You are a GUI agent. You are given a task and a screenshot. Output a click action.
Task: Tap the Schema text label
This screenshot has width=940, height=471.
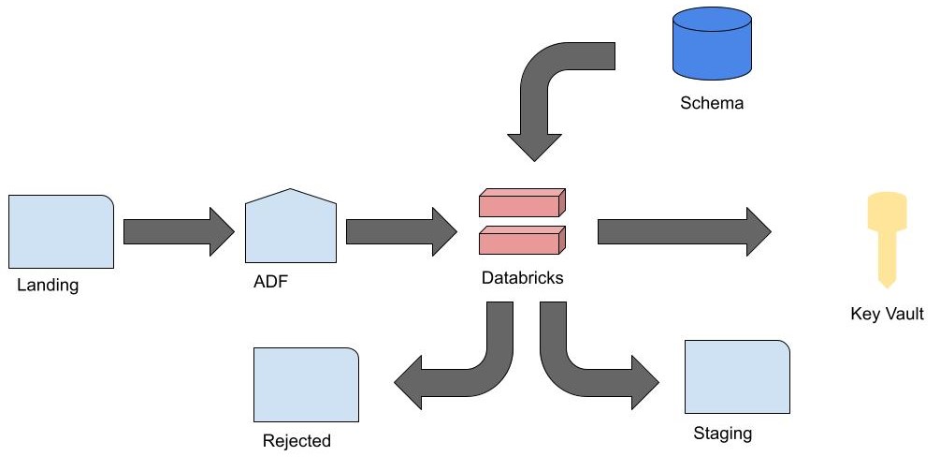(712, 103)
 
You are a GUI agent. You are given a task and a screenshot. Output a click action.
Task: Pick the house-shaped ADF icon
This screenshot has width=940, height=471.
(290, 228)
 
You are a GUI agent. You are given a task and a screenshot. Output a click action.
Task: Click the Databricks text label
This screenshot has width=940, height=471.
(523, 278)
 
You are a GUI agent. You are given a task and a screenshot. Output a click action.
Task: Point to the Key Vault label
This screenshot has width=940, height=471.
(887, 315)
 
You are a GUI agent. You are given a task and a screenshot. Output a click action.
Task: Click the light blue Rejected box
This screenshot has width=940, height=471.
(307, 385)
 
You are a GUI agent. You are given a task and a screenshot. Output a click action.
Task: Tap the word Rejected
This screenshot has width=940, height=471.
(297, 441)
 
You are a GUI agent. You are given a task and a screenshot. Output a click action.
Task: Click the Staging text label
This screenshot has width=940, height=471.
(722, 434)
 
